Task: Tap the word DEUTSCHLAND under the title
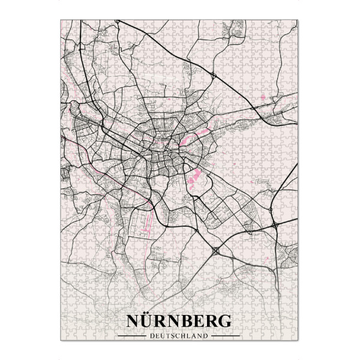pyautogui.click(x=180, y=335)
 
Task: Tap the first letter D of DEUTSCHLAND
pyautogui.click(x=153, y=335)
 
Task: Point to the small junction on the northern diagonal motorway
pyautogui.click(x=214, y=75)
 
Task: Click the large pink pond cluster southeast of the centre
pyautogui.click(x=194, y=178)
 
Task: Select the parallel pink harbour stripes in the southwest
pyautogui.click(x=148, y=224)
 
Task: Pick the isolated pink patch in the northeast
pyautogui.click(x=262, y=97)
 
